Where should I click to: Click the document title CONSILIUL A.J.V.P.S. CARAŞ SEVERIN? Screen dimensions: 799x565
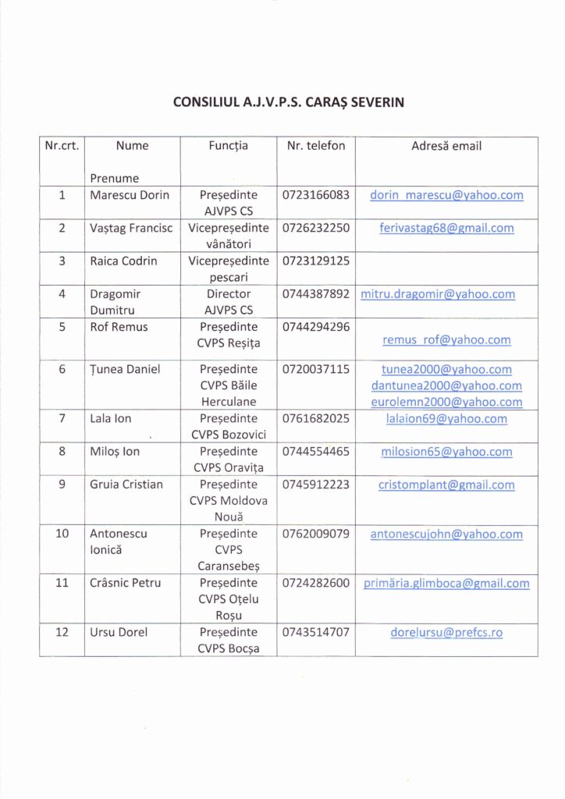pyautogui.click(x=288, y=101)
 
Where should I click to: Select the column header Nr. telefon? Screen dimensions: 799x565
pyautogui.click(x=316, y=146)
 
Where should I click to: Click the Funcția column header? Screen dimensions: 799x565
pyautogui.click(x=229, y=146)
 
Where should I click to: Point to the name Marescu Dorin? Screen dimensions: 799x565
pyautogui.click(x=130, y=195)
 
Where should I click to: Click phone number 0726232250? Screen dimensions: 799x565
pyautogui.click(x=316, y=229)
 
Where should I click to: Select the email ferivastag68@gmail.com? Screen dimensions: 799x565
pyautogui.click(x=446, y=229)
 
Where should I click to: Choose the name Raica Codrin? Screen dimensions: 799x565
pyautogui.click(x=123, y=261)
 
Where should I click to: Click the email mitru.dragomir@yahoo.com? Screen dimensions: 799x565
pyautogui.click(x=438, y=295)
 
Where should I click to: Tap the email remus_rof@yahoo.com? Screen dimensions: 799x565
pyautogui.click(x=446, y=340)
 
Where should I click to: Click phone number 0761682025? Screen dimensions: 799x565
pyautogui.click(x=316, y=419)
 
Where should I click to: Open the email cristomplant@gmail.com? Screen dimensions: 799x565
pyautogui.click(x=446, y=485)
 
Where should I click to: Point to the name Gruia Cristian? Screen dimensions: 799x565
pyautogui.click(x=126, y=485)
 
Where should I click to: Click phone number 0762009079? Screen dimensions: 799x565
pyautogui.click(x=316, y=534)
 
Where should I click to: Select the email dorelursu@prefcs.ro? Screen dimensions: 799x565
pyautogui.click(x=446, y=633)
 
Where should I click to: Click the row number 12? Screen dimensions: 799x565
pyautogui.click(x=62, y=633)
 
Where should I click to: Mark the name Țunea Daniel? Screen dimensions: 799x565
pyautogui.click(x=125, y=370)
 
